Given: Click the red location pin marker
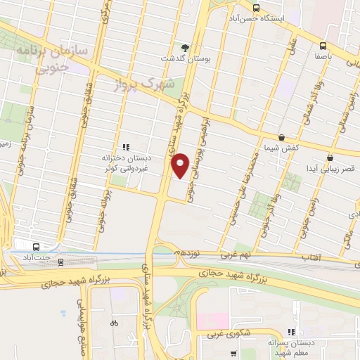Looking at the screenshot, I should [x=180, y=165].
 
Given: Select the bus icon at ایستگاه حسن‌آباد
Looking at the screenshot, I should [x=256, y=8].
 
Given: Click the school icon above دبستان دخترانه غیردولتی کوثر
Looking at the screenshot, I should [x=126, y=147].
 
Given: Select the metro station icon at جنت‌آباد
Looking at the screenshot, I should [x=36, y=247].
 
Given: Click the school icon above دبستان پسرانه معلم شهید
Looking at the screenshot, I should [x=290, y=333].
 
